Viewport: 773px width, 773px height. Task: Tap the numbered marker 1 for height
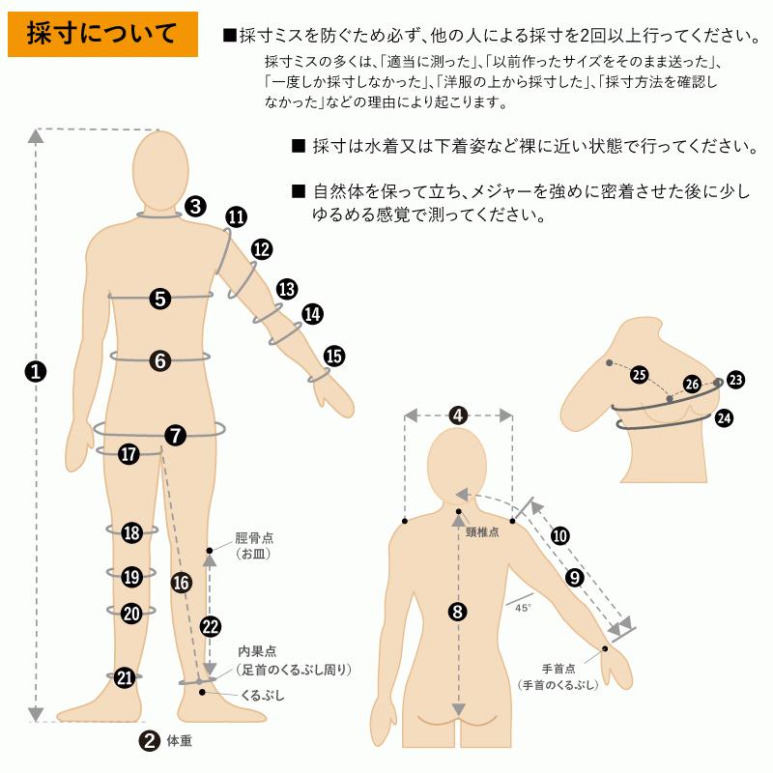tap(36, 371)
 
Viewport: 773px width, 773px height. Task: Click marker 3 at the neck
tap(195, 205)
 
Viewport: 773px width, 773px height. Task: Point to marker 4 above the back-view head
tap(458, 415)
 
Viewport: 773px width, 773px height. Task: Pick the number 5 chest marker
tap(160, 299)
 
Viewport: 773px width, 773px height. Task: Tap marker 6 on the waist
tap(160, 360)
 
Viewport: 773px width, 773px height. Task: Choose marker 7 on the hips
tap(175, 435)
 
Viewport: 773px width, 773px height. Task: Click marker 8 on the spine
tap(458, 611)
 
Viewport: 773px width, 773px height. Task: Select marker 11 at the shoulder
tap(235, 217)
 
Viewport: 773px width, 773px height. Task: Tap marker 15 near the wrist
tap(333, 356)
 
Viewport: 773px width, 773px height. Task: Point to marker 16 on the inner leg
tap(180, 582)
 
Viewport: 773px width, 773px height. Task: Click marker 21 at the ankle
tap(124, 677)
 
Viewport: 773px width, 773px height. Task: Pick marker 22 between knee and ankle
tap(210, 625)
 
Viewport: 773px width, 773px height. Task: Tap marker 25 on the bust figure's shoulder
tap(639, 374)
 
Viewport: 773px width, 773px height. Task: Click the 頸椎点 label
tap(481, 531)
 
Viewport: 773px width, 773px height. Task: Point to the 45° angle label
tap(522, 608)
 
